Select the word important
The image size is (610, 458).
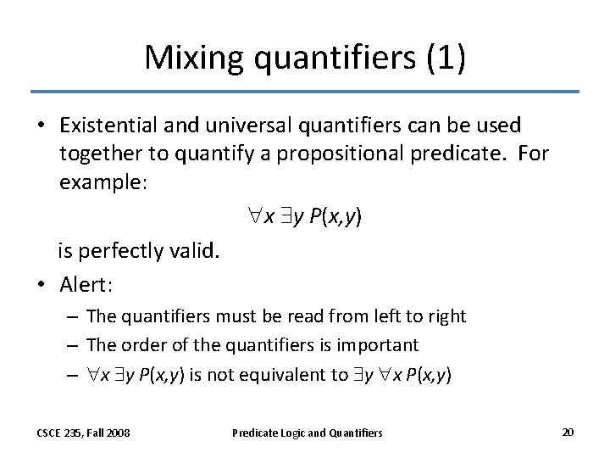(x=378, y=344)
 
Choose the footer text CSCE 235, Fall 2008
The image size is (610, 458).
(x=82, y=433)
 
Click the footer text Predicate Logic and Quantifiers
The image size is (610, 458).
(x=307, y=433)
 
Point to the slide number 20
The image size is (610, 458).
(x=568, y=432)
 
